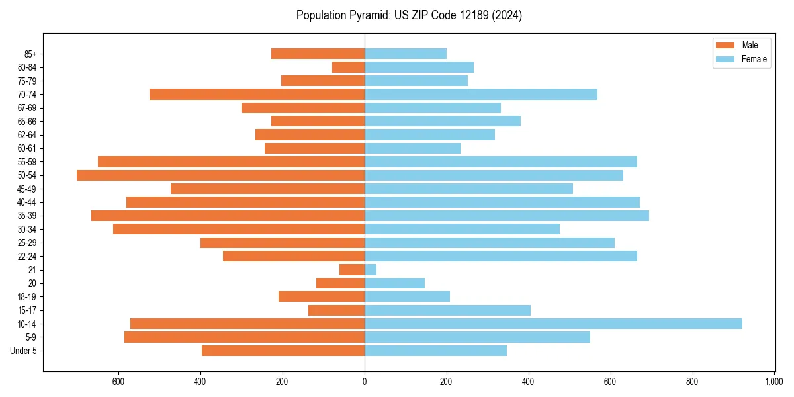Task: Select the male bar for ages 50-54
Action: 220,175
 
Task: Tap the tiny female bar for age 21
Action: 371,270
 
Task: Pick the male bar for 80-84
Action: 348,67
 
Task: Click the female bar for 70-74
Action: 481,95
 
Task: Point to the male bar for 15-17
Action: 336,310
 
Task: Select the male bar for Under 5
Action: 283,351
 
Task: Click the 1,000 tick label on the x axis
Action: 774,382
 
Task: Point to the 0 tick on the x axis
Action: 365,382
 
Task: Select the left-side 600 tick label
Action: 118,382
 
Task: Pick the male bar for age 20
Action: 340,283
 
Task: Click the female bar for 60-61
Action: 412,148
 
